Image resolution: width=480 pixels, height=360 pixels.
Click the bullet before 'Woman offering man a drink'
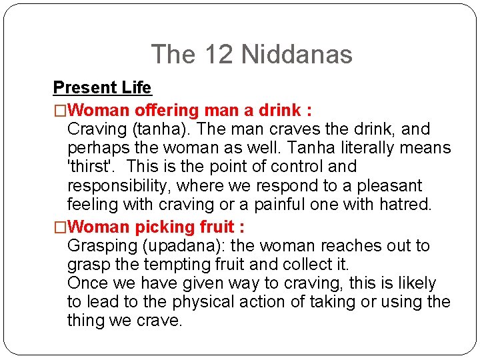tap(60, 109)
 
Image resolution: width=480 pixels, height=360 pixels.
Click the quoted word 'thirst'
tap(94, 167)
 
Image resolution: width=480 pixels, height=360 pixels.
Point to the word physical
tap(203, 302)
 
